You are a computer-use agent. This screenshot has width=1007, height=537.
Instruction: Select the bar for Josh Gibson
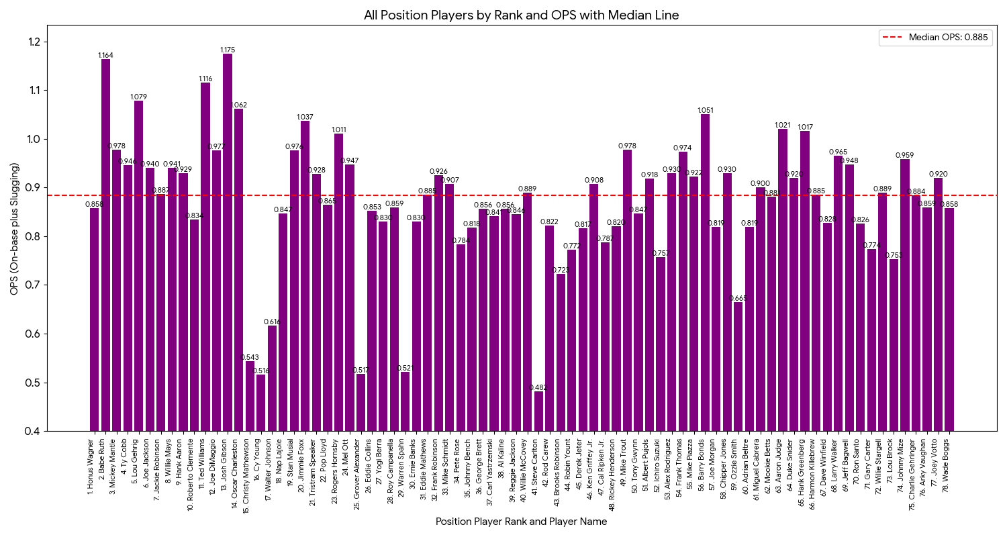pyautogui.click(x=228, y=242)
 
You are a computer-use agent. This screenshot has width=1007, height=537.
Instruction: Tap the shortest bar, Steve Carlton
pyautogui.click(x=538, y=411)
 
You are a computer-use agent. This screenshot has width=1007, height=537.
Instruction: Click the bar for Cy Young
pyautogui.click(x=260, y=403)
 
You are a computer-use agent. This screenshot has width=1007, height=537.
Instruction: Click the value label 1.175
pyautogui.click(x=228, y=50)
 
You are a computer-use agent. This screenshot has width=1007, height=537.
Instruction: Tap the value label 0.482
pyautogui.click(x=538, y=387)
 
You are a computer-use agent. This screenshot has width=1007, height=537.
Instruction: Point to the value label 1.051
pyautogui.click(x=705, y=110)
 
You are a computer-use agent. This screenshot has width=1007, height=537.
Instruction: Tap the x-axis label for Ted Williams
pyautogui.click(x=204, y=467)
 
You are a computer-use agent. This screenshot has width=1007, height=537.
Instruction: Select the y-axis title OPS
pyautogui.click(x=14, y=228)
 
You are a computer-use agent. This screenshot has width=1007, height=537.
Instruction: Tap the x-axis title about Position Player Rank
pyautogui.click(x=521, y=522)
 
